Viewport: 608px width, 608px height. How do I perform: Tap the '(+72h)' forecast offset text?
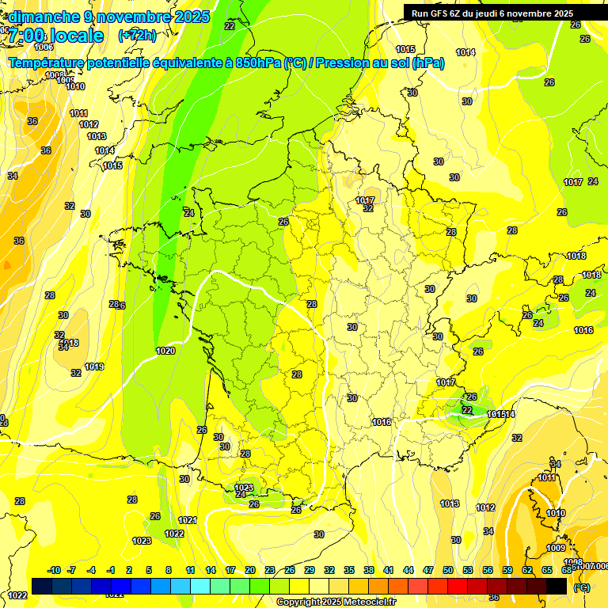pos(137,36)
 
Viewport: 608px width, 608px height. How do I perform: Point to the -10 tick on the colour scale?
pos(54,570)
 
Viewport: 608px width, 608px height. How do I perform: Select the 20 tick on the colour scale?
pos(249,570)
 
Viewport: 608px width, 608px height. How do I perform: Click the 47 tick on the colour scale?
pos(428,570)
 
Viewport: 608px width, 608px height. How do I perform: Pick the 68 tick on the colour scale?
pos(567,570)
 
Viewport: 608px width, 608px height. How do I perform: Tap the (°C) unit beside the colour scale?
pos(582,587)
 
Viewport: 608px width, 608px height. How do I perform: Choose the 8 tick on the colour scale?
pos(169,570)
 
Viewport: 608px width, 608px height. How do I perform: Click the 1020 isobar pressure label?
pos(165,351)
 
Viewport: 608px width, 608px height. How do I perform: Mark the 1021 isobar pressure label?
pos(188,520)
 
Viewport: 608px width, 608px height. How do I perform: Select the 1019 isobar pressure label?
pos(94,367)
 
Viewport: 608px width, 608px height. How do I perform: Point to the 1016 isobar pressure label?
pos(583,330)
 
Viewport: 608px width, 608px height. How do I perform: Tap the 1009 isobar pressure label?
pos(556,548)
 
